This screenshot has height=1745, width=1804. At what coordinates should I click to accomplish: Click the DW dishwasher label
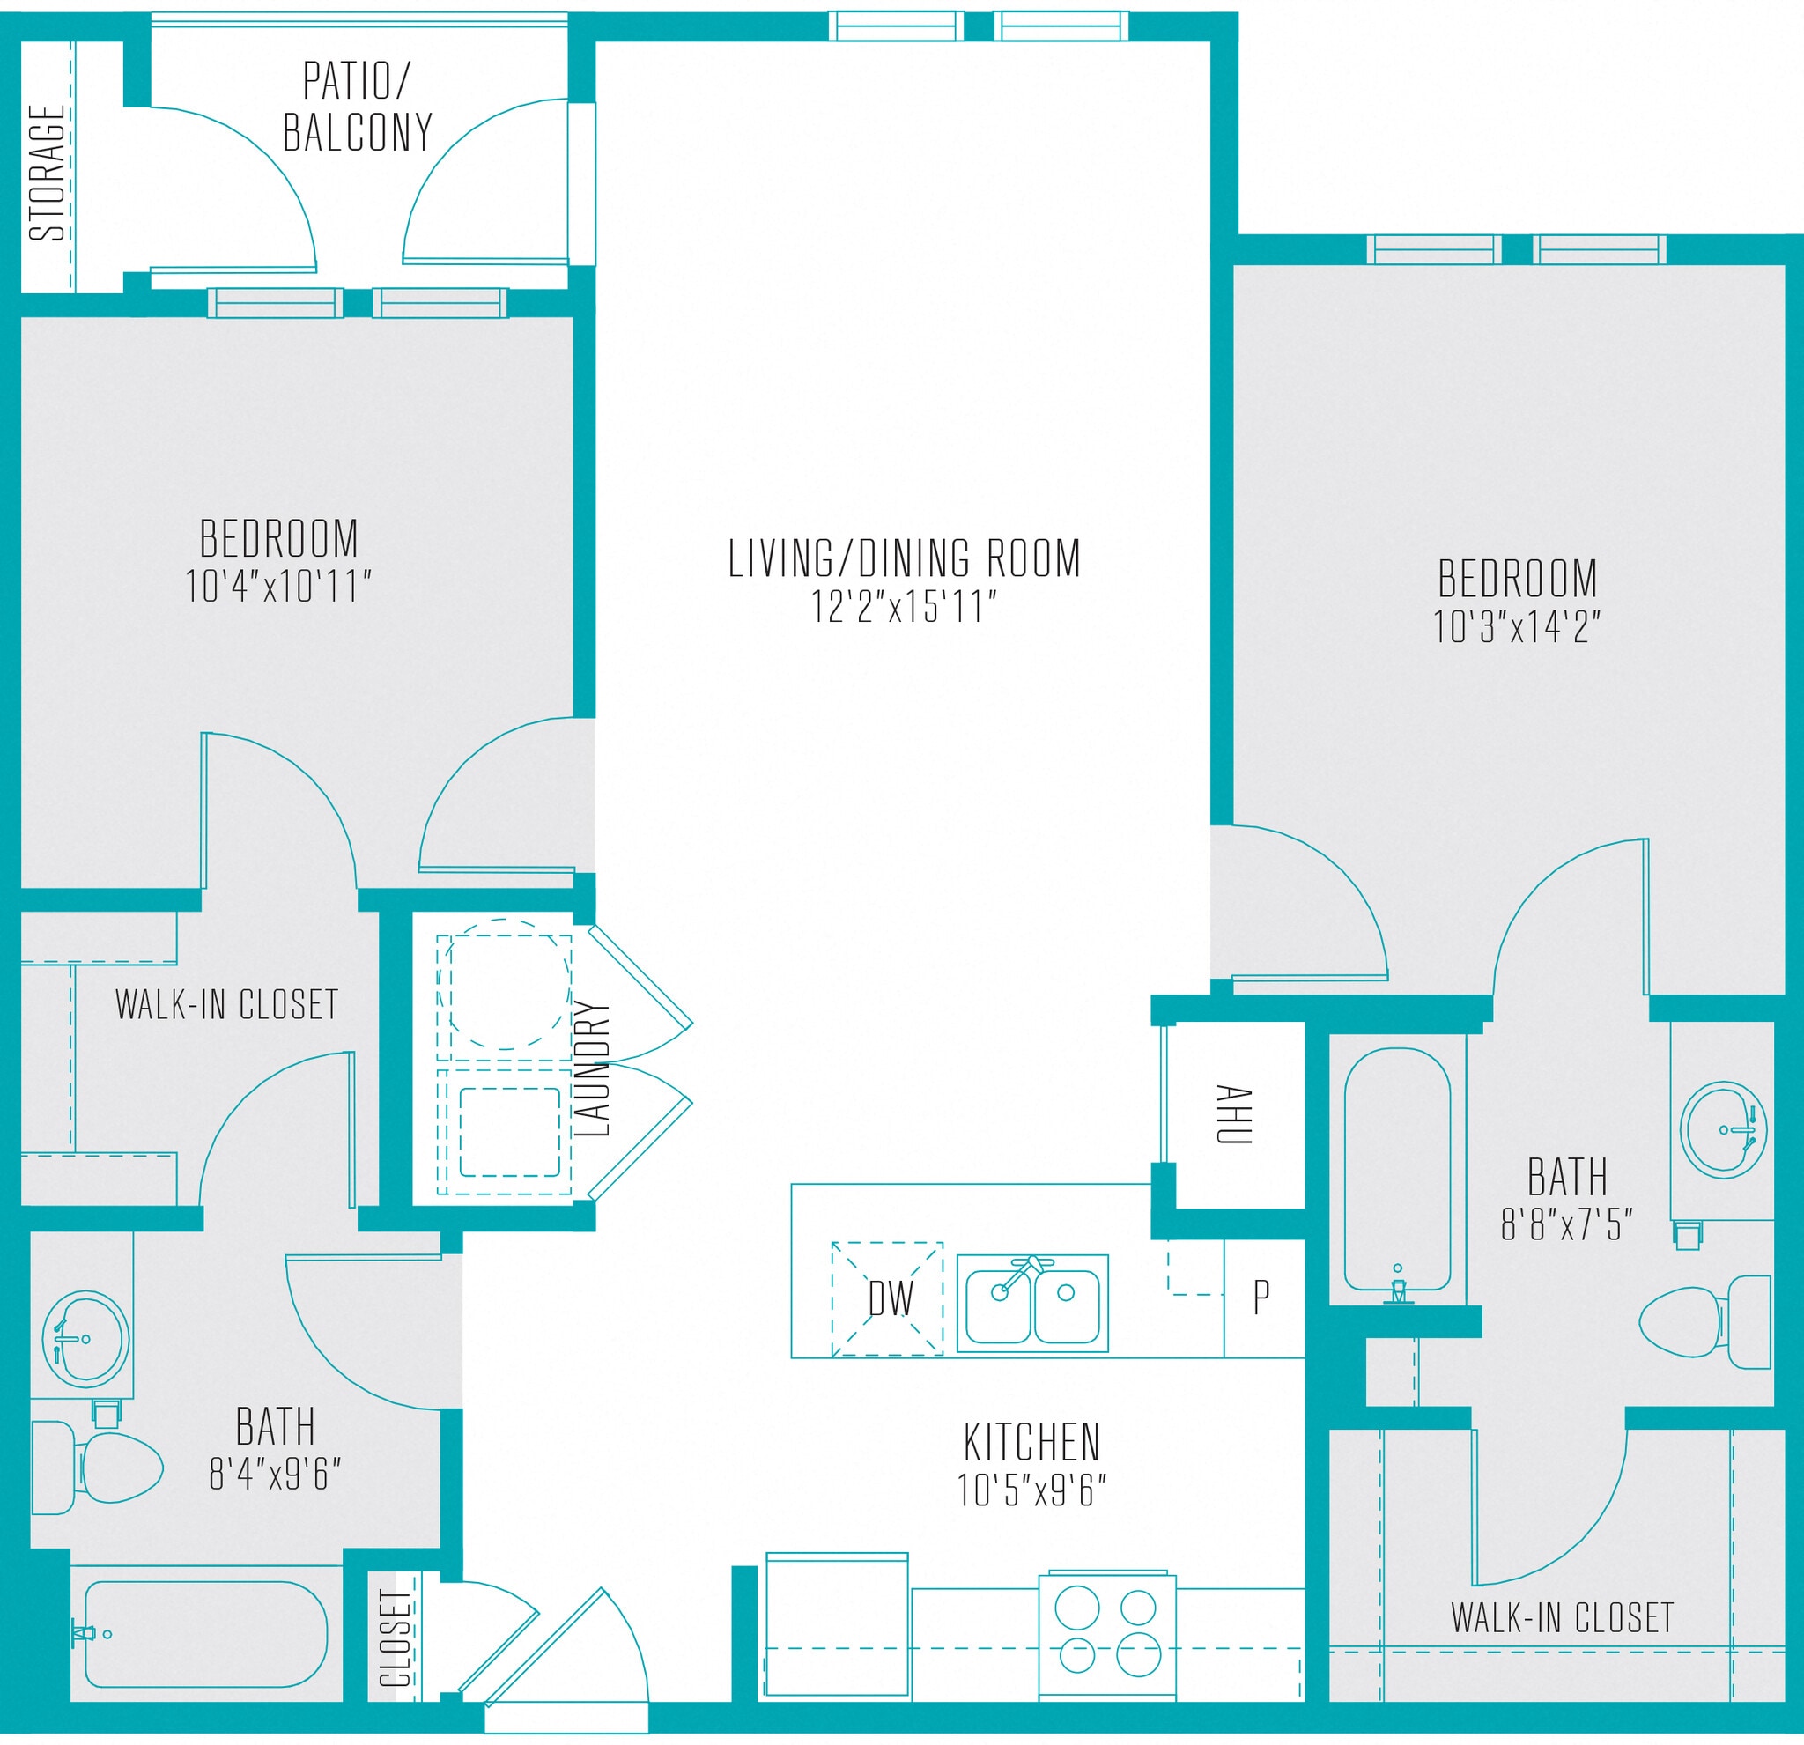tap(890, 1299)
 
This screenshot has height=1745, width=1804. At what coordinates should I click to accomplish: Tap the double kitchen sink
tap(1031, 1303)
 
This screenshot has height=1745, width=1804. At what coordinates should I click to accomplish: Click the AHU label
tap(1234, 1114)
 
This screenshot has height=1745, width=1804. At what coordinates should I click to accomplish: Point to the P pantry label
tap(1262, 1297)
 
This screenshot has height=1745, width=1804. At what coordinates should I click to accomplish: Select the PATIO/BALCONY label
tap(357, 107)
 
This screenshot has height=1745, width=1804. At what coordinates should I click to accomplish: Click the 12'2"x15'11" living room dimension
tap(903, 608)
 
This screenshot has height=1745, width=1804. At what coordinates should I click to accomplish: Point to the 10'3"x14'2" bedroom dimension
tap(1517, 627)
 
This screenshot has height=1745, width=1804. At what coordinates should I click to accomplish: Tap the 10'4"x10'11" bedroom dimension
tap(278, 587)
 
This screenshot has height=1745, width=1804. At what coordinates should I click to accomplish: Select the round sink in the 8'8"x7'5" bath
tap(1723, 1129)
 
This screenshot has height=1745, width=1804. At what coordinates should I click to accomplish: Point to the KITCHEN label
tap(1031, 1442)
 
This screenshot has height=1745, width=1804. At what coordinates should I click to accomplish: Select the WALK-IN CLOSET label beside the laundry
tap(227, 1005)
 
